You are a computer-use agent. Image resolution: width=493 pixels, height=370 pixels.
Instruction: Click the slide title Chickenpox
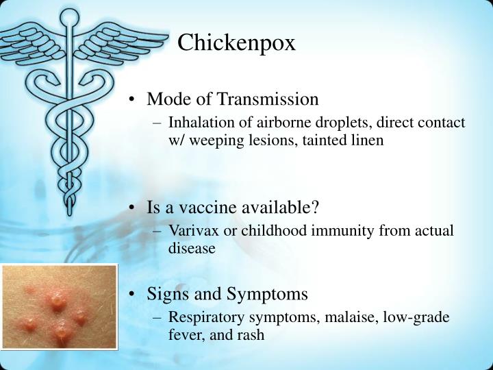(236, 43)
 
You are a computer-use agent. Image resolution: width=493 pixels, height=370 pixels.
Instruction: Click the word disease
(192, 249)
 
